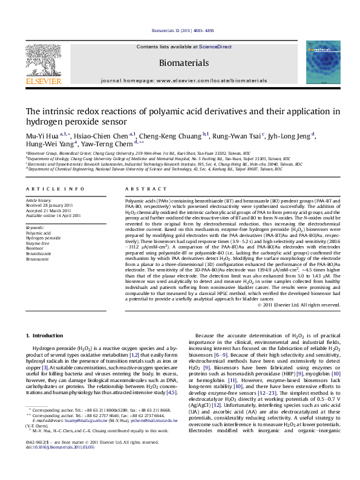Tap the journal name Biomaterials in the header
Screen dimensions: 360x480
[180, 63]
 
